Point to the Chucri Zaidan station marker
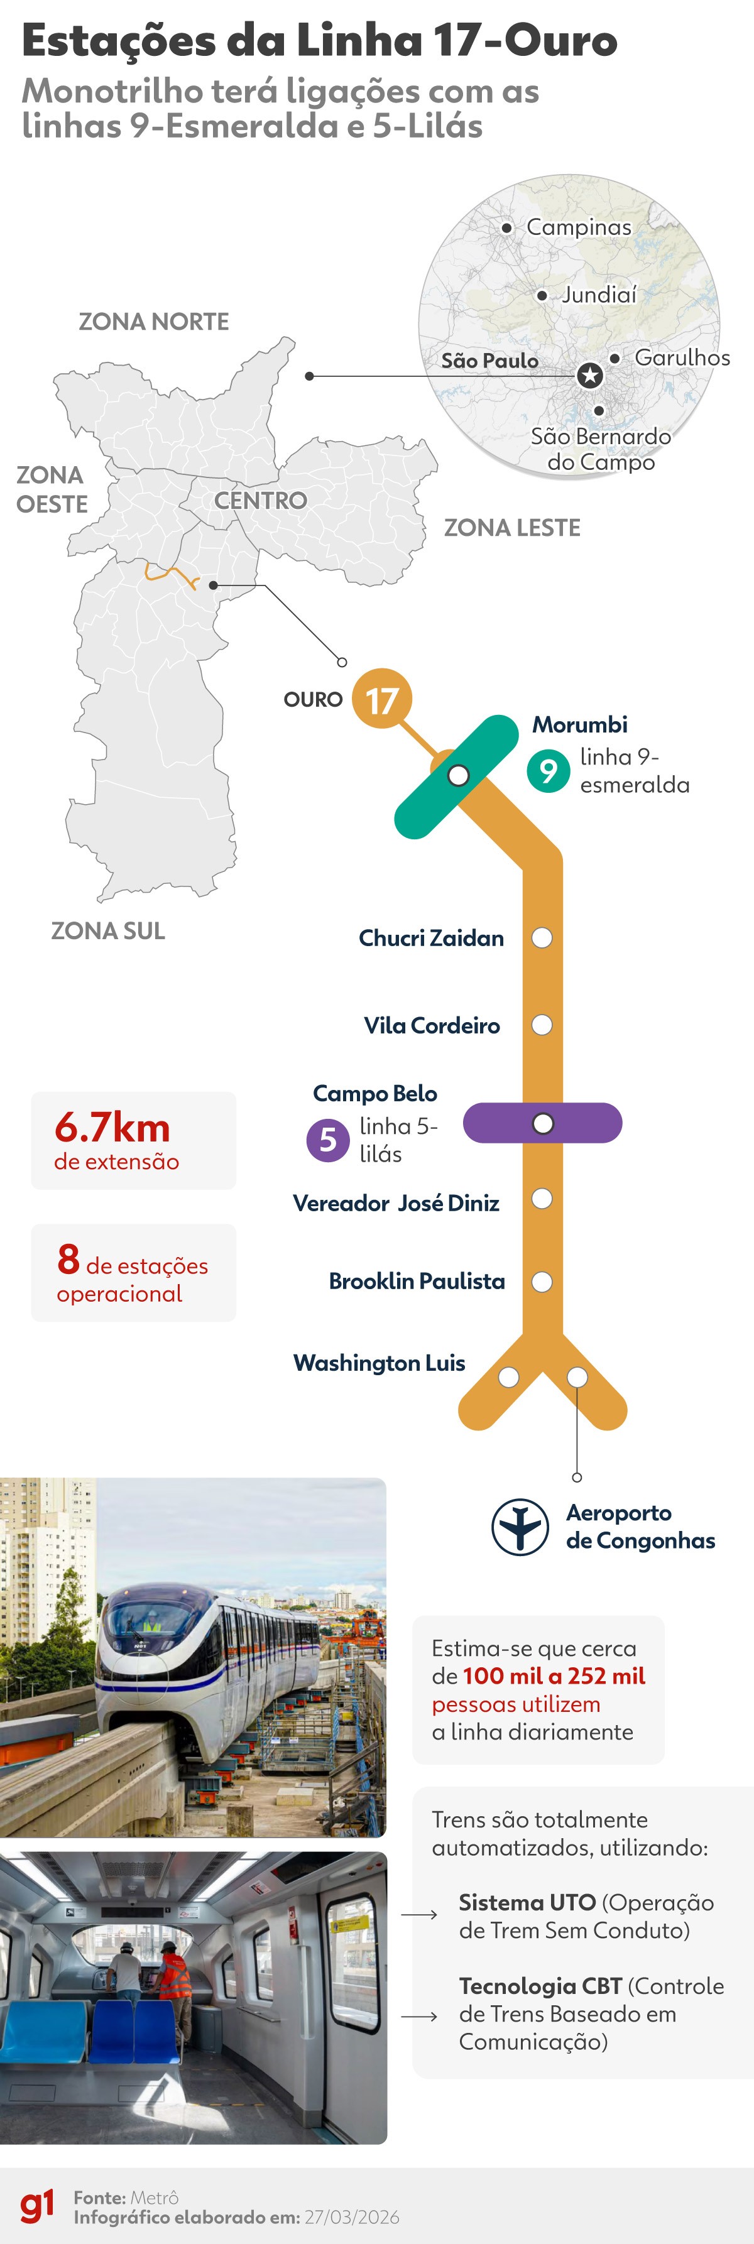[542, 938]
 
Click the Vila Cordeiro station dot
[542, 1025]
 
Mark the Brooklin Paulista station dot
[542, 1282]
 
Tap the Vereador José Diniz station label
[396, 1203]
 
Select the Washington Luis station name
[379, 1363]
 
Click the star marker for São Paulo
[590, 376]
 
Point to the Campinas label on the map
[579, 227]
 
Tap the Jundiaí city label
[599, 295]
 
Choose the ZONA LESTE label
[513, 528]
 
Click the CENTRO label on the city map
[261, 501]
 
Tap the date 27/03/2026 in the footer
[352, 2217]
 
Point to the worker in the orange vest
[173, 1978]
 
